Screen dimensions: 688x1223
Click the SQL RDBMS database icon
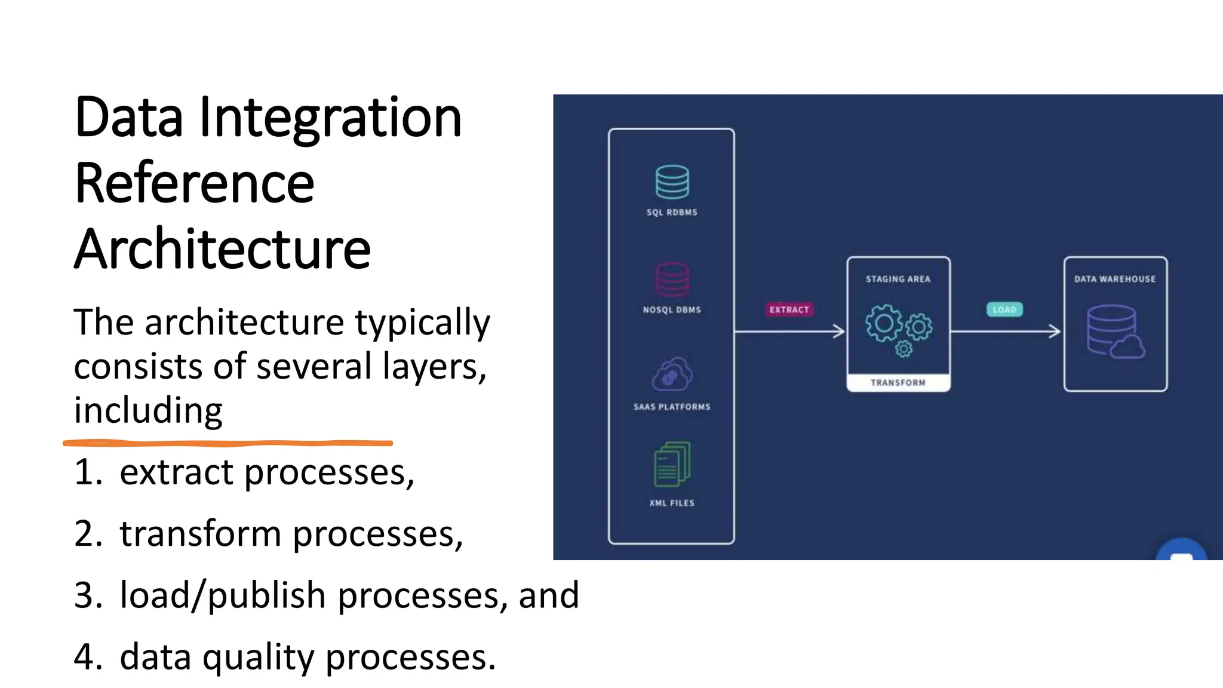(x=672, y=182)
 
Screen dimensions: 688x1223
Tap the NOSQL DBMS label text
(x=672, y=309)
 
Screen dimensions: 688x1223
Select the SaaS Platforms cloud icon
(x=672, y=374)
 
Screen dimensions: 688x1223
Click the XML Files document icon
(x=672, y=464)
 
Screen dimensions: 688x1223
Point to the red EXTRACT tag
(x=789, y=309)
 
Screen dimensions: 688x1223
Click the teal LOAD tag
(x=1004, y=309)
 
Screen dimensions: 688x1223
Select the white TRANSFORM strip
(x=898, y=383)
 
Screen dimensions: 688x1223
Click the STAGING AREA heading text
(x=898, y=279)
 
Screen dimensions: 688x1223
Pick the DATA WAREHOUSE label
(x=1115, y=279)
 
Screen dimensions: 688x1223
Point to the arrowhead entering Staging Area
(x=840, y=331)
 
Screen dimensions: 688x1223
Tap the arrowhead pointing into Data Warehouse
(x=1056, y=331)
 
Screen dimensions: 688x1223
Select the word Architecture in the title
(x=223, y=249)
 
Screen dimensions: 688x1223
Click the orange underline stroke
(x=227, y=443)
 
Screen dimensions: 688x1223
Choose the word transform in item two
(x=200, y=533)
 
